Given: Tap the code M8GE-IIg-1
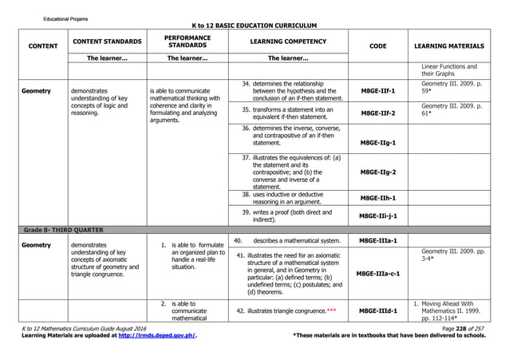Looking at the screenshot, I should click(379, 142).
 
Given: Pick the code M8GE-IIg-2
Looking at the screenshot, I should click(379, 172).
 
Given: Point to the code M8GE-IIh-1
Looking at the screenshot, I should click(379, 198).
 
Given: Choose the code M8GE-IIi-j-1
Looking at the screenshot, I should click(379, 216).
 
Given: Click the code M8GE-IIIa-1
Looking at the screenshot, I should click(378, 239).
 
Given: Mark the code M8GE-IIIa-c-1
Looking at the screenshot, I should click(378, 272).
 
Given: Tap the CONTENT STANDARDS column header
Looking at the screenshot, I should click(108, 41).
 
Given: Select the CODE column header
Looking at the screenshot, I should click(378, 46).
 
